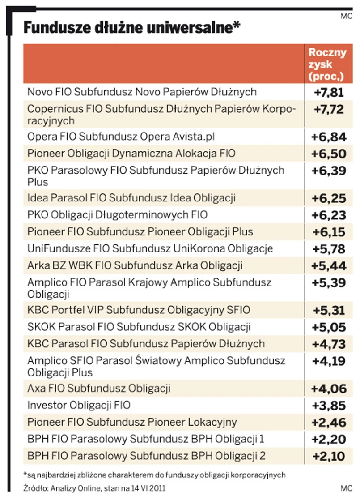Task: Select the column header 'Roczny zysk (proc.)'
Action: point(327,64)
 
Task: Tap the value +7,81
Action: point(327,92)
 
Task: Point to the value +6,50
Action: point(328,154)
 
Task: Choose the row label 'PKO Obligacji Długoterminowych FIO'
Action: point(117,215)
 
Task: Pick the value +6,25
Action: point(328,198)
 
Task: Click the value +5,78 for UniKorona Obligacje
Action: point(328,249)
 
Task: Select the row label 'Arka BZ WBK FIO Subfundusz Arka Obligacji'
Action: point(135,265)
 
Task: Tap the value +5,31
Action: point(328,311)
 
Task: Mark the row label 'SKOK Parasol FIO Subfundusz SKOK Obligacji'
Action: point(139,327)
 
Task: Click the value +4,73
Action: point(328,344)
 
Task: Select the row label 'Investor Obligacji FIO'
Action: point(79,406)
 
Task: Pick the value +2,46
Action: point(328,423)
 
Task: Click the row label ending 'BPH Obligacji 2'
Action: point(146,456)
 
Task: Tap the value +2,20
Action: point(328,440)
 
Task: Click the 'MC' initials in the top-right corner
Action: point(346,17)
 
